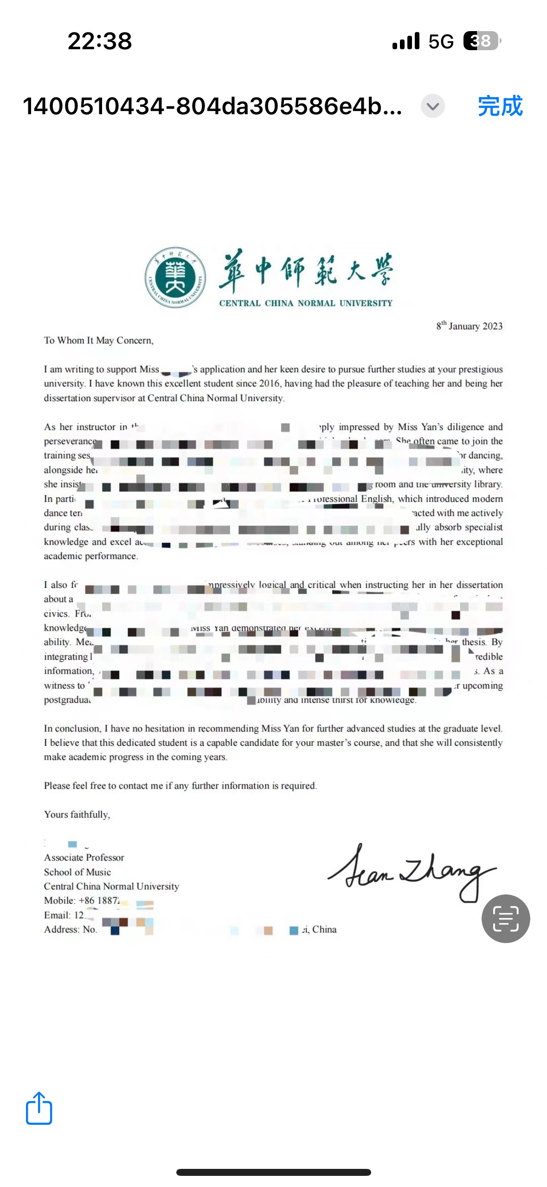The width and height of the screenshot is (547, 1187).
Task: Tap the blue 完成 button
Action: pyautogui.click(x=500, y=106)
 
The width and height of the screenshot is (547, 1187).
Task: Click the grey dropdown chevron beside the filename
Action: pyautogui.click(x=432, y=106)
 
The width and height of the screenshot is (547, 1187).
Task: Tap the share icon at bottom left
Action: pyautogui.click(x=39, y=1108)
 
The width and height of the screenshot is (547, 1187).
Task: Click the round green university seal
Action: pyautogui.click(x=175, y=277)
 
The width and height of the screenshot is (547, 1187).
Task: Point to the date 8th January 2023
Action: pyautogui.click(x=469, y=326)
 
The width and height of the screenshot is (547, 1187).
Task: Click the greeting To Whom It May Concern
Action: pyautogui.click(x=98, y=340)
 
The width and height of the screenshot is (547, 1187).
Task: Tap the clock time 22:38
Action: pyautogui.click(x=100, y=41)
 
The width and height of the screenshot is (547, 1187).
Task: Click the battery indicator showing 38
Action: pyautogui.click(x=482, y=41)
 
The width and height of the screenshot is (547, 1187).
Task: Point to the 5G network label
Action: pyautogui.click(x=441, y=41)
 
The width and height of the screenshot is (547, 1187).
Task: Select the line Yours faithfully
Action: pyautogui.click(x=77, y=815)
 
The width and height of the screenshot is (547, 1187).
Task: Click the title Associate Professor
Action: pyautogui.click(x=84, y=857)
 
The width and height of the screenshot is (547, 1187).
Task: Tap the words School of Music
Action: pyautogui.click(x=77, y=872)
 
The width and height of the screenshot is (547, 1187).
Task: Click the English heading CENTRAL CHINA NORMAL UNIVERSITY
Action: pyautogui.click(x=306, y=303)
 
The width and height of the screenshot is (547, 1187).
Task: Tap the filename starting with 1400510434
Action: pyautogui.click(x=212, y=106)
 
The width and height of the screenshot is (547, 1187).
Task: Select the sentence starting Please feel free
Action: pyautogui.click(x=180, y=786)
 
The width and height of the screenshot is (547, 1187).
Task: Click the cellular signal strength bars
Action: pyautogui.click(x=406, y=41)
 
